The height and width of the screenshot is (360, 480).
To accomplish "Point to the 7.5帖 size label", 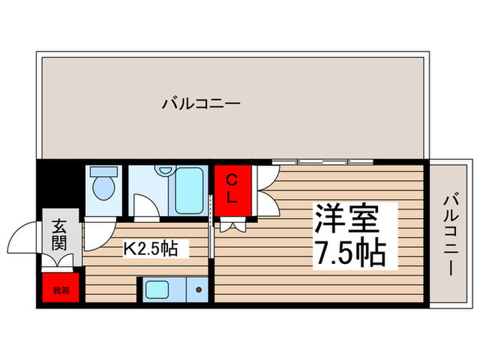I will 348,253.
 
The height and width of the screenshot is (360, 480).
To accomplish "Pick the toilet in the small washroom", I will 104,186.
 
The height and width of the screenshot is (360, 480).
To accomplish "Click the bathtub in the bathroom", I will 189,190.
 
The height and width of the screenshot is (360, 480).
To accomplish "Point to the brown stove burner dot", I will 199,289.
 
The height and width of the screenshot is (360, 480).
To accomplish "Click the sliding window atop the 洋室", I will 322,163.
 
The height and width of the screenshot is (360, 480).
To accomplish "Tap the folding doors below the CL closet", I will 233,222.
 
